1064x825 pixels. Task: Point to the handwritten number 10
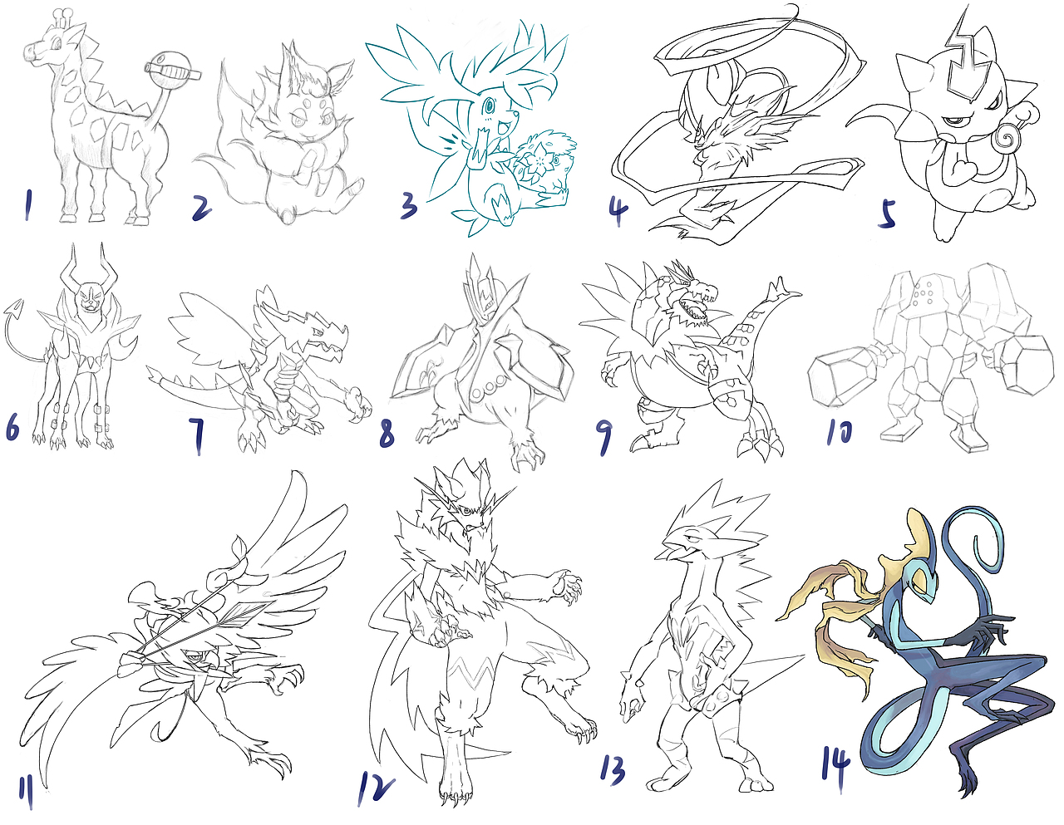pos(840,431)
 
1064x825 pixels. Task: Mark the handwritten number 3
pos(408,204)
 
